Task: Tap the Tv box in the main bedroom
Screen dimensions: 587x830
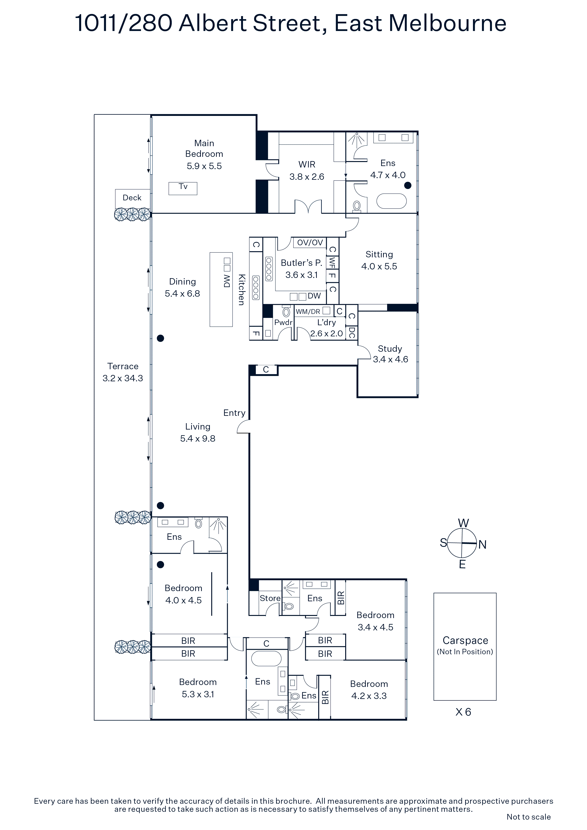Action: coord(183,188)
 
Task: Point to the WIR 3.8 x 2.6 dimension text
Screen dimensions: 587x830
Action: coord(307,177)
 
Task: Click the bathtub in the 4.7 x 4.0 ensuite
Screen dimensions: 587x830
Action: coord(392,201)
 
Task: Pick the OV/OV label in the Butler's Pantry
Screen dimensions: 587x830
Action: coord(310,242)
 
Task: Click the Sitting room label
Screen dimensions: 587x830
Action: coord(379,255)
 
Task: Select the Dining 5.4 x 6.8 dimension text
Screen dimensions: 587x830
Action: coord(182,294)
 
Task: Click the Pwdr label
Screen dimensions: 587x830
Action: coord(283,322)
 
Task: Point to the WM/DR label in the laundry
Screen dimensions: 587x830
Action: coord(308,312)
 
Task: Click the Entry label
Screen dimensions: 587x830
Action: coord(234,413)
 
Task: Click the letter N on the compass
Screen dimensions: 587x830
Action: coord(482,545)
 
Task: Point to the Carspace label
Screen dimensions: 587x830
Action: coord(465,640)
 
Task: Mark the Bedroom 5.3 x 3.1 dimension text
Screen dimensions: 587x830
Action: coord(198,694)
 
